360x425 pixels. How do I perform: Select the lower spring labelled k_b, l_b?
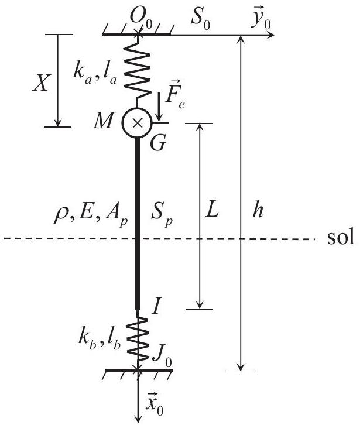coord(138,340)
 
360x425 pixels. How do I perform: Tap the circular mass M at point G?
coord(137,123)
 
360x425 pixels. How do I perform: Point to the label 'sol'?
coord(341,237)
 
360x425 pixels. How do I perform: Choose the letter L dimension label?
coord(212,210)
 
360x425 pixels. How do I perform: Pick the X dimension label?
coord(41,83)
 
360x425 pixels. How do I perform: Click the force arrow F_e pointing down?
coord(159,107)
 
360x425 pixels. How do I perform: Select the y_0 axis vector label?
coord(261,19)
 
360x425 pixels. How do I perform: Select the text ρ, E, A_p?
coord(91,215)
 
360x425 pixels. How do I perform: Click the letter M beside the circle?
coord(103,121)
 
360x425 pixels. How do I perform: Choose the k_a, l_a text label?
coord(95,73)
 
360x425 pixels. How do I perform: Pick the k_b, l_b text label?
coord(99,341)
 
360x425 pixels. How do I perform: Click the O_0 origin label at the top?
coord(141,19)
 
